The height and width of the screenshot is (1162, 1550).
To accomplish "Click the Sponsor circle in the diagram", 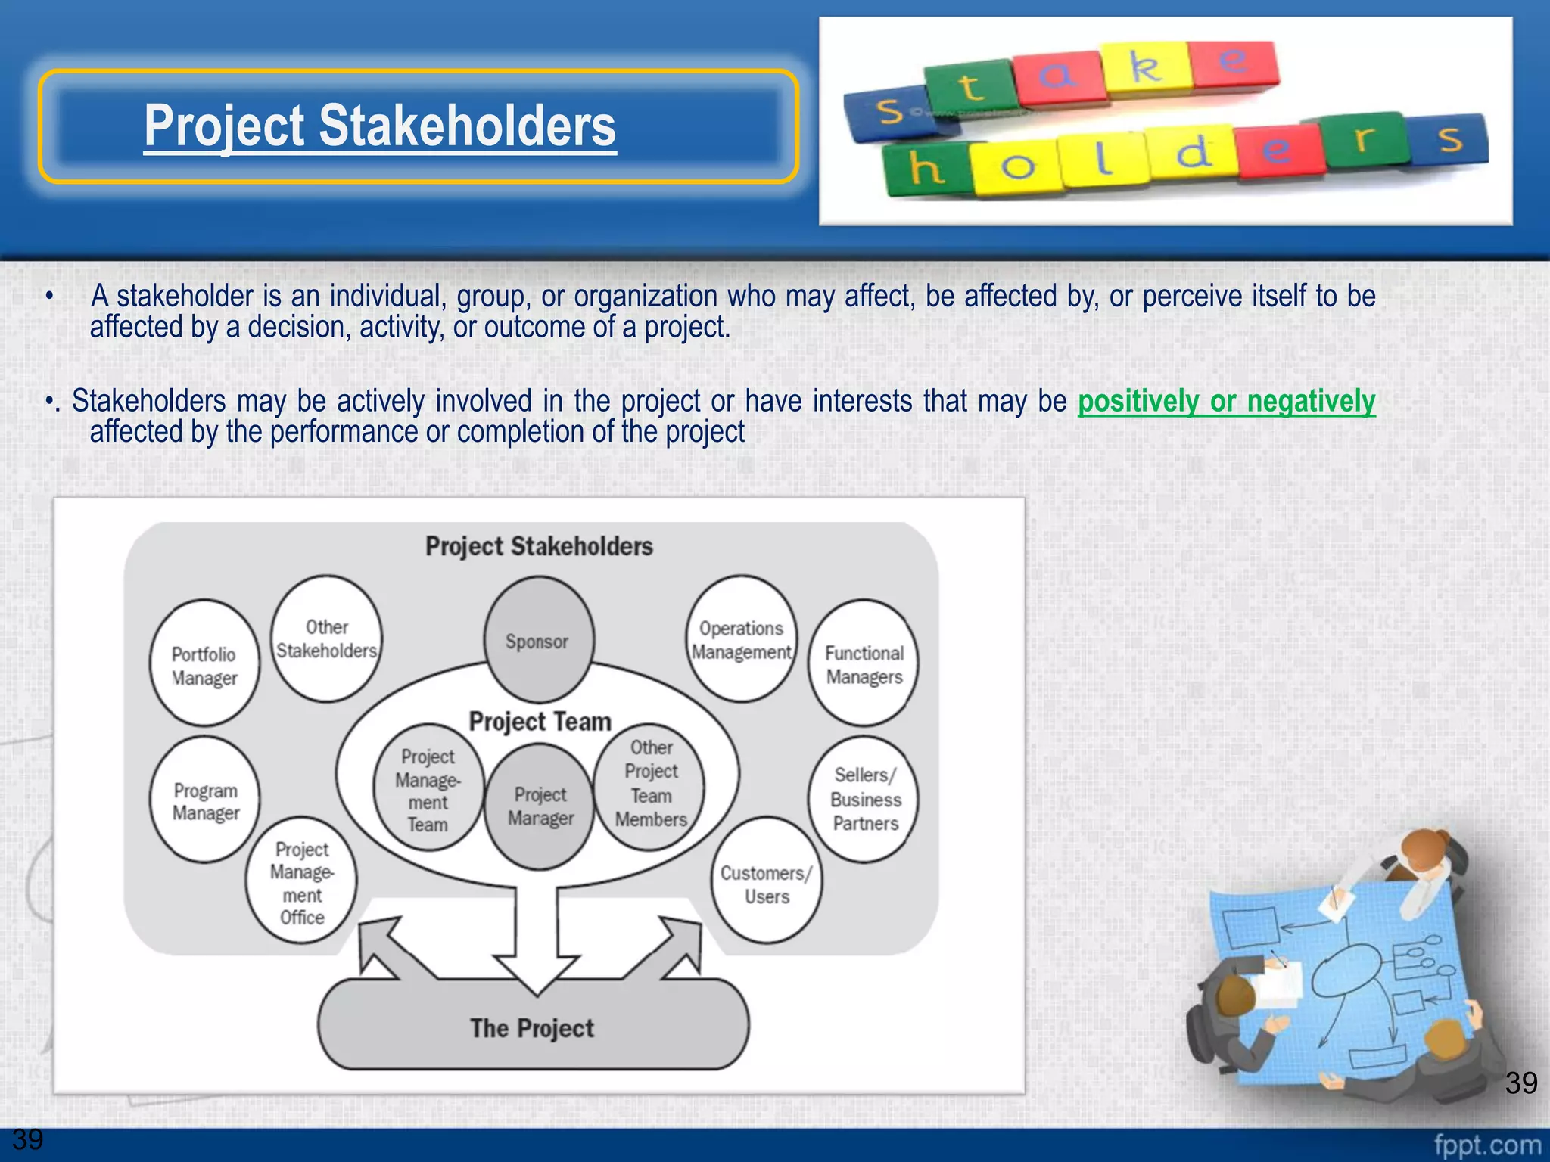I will tap(538, 640).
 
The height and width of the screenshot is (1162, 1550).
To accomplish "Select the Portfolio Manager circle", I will tap(204, 664).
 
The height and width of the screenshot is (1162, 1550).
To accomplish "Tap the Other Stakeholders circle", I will tap(326, 638).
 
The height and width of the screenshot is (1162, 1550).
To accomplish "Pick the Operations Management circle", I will tap(741, 639).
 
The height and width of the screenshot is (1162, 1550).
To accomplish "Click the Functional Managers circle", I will tap(864, 664).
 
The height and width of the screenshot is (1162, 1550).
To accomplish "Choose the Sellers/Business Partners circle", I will tap(864, 799).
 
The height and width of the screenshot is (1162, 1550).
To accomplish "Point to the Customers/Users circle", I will tap(766, 882).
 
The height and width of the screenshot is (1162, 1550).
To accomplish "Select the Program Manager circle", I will tap(205, 800).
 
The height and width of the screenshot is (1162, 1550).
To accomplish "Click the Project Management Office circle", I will tap(301, 882).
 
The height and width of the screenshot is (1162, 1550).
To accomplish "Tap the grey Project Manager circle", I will tap(540, 806).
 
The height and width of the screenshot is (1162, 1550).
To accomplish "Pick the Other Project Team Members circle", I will tap(650, 784).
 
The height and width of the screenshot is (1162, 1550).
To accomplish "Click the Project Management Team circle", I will tap(428, 788).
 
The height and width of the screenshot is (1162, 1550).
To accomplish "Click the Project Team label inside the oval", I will tap(540, 721).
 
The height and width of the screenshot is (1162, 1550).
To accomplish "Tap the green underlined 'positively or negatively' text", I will tap(1226, 401).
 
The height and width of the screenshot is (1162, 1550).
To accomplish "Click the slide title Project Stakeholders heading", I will tap(380, 126).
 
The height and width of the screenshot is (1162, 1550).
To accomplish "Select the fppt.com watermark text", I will tap(1486, 1145).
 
